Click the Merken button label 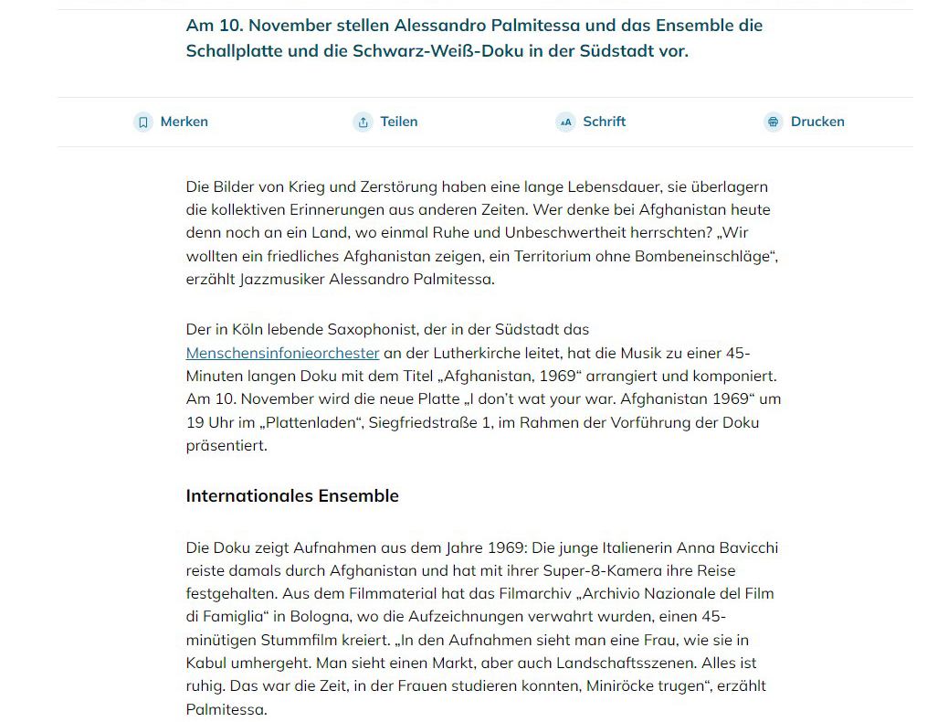pos(184,122)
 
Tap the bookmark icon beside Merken pos(142,122)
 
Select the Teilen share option pos(398,122)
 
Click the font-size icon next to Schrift pos(565,122)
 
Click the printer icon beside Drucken pos(774,122)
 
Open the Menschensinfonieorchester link pos(282,353)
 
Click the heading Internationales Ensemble pos(292,496)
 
